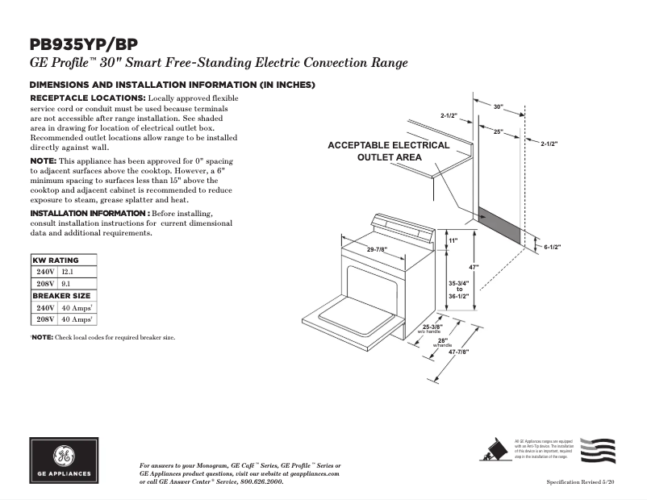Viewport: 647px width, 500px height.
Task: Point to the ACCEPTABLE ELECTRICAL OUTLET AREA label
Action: pyautogui.click(x=388, y=152)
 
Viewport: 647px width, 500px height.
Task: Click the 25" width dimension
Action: pyautogui.click(x=498, y=131)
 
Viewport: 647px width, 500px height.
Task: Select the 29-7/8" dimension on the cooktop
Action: pyautogui.click(x=380, y=250)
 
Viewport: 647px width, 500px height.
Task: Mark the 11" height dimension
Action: pyautogui.click(x=453, y=241)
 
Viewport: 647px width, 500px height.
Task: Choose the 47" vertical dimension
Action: pyautogui.click(x=475, y=267)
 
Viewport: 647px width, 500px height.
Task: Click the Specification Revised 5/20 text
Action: pyautogui.click(x=580, y=481)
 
